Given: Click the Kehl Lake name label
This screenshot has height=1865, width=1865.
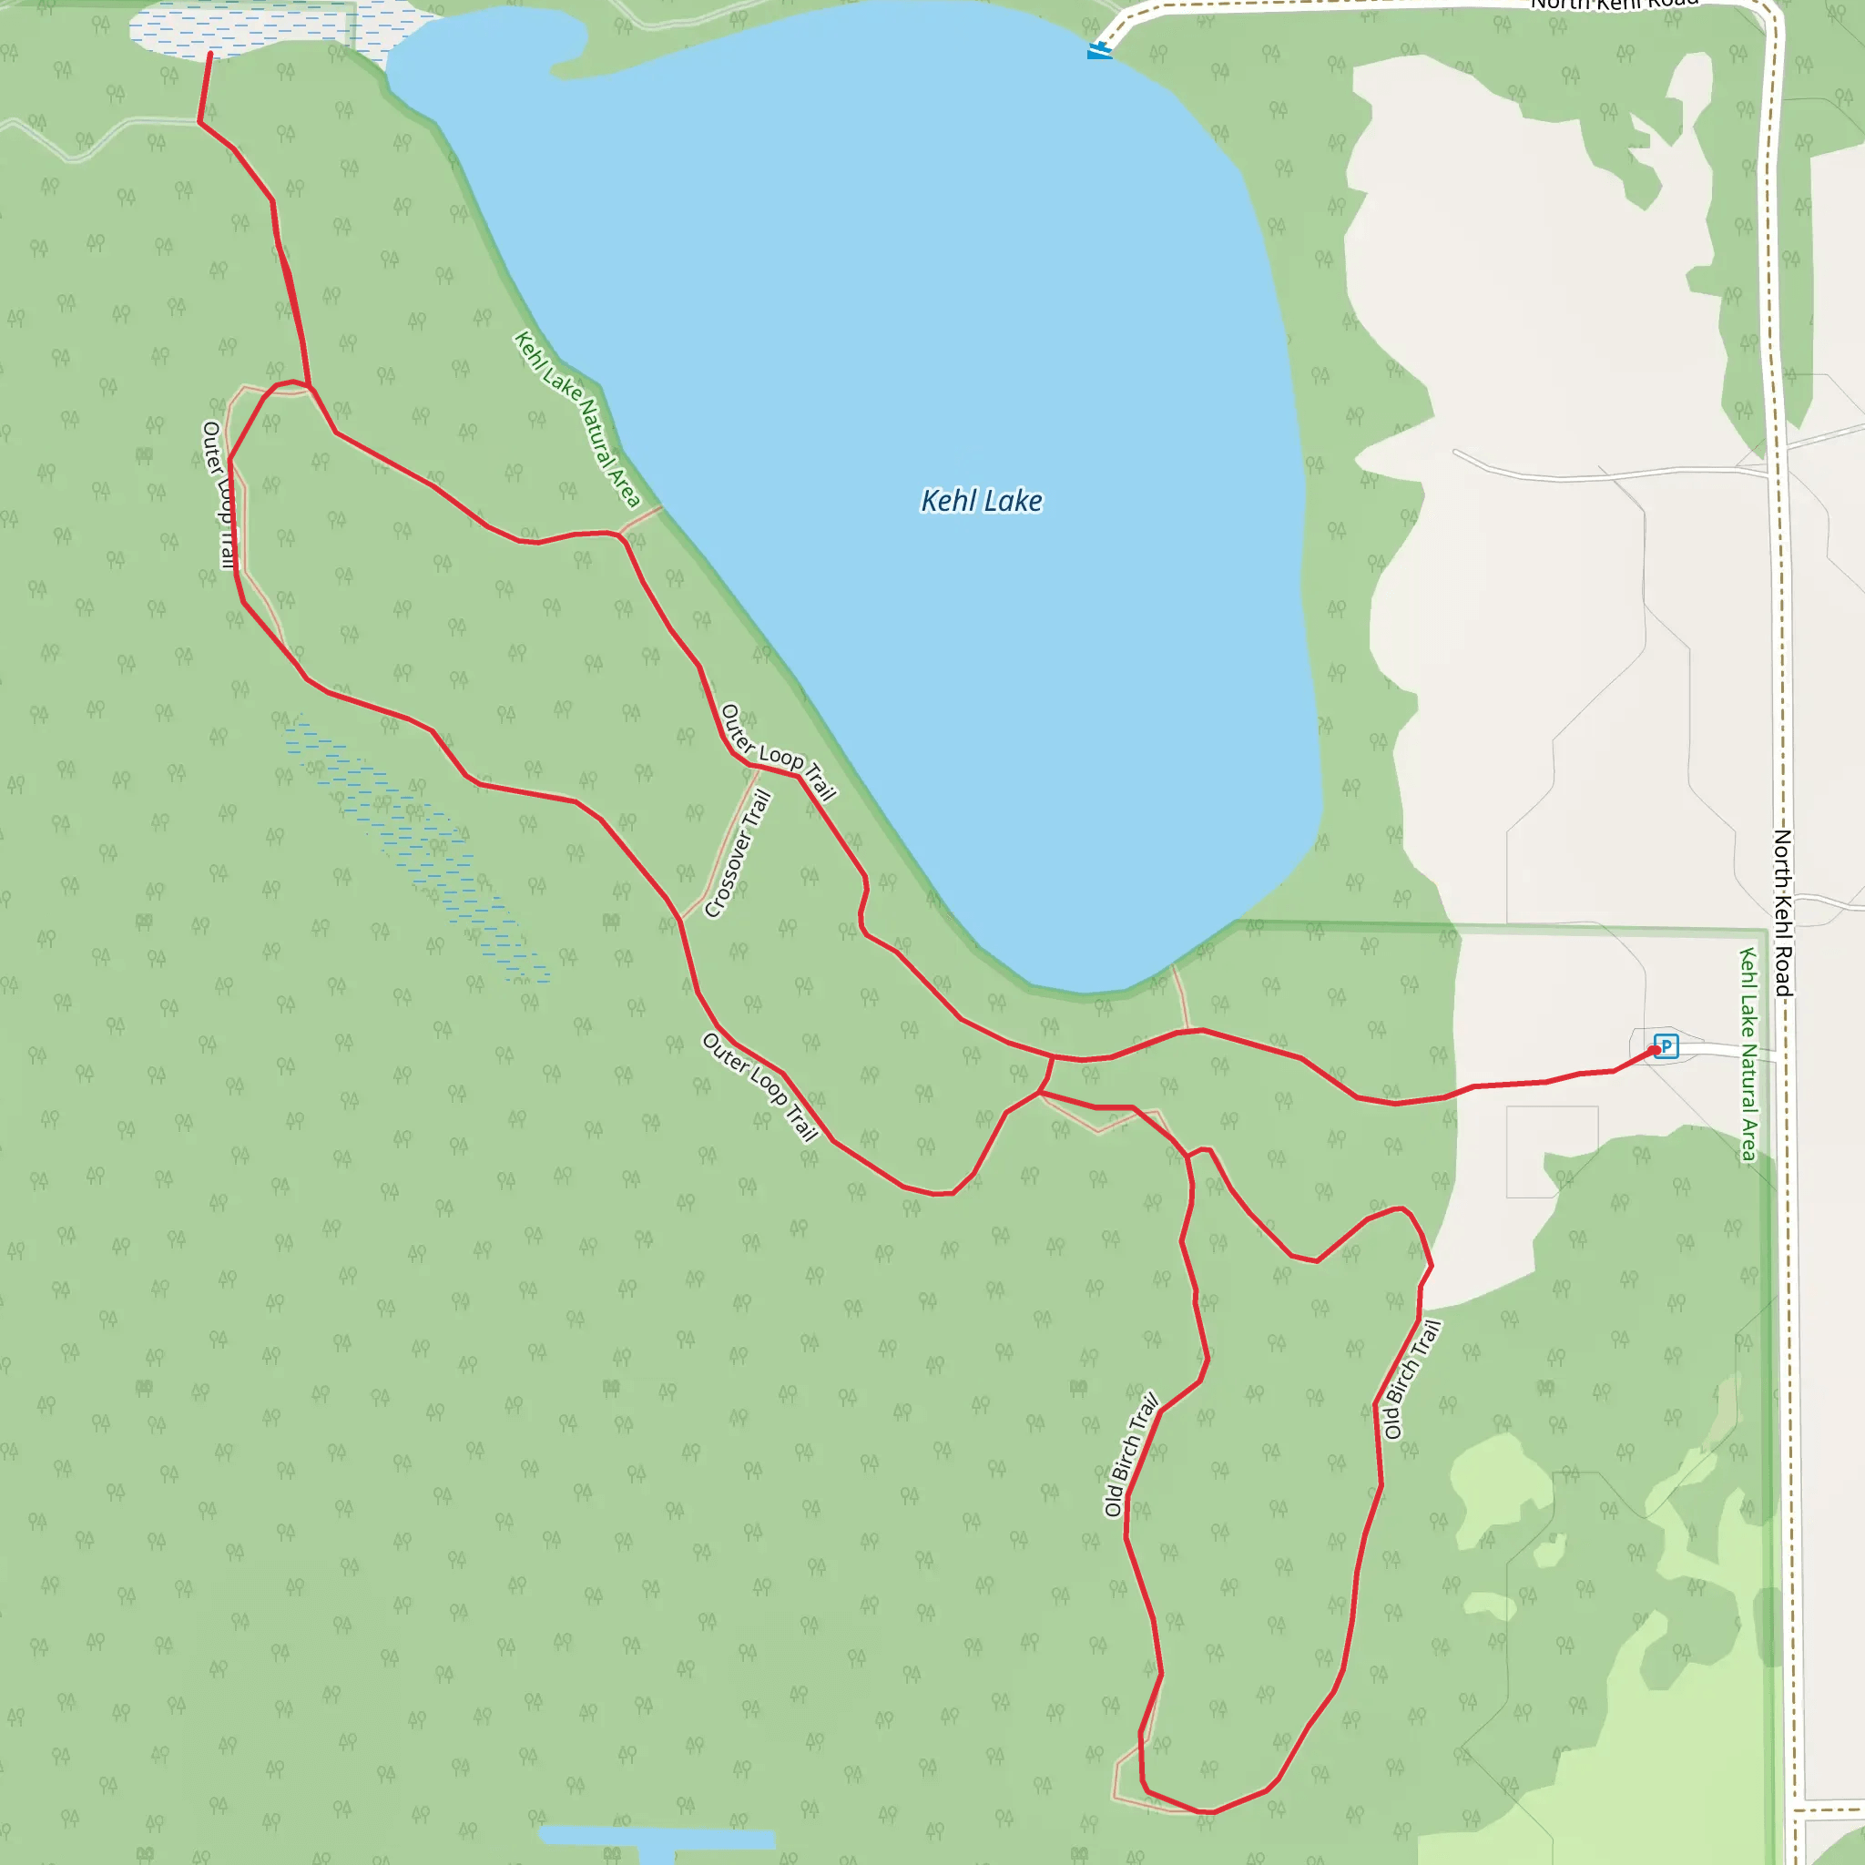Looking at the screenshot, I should tap(981, 501).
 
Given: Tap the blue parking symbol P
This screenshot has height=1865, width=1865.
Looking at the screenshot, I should tap(1666, 1045).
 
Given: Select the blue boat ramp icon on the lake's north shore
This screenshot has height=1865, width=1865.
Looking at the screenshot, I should tap(1098, 50).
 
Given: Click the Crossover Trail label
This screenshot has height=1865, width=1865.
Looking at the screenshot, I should tap(738, 853).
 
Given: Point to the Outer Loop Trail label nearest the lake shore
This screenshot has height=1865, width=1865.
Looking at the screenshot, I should tap(778, 754).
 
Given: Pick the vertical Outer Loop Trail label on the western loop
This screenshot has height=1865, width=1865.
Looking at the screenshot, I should tap(219, 494).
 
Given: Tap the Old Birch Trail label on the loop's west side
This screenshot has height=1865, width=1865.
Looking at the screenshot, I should tap(1130, 1453).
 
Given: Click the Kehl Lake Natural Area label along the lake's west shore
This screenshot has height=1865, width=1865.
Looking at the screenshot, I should tap(576, 418).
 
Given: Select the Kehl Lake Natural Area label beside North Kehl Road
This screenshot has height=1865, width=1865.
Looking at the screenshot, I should tap(1748, 1055).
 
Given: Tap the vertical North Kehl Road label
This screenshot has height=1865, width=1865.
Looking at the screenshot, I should tap(1782, 912).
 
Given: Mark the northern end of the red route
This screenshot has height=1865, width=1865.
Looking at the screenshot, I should tap(209, 54).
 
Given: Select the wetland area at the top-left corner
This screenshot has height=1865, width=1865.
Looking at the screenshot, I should tap(241, 29).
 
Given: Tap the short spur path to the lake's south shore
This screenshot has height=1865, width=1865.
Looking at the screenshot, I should tap(1181, 997).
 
